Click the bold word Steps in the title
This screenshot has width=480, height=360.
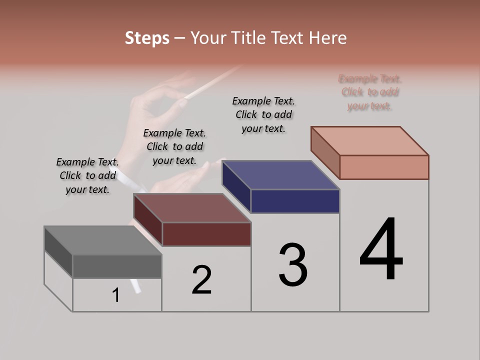click(147, 38)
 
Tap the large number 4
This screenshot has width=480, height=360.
click(381, 250)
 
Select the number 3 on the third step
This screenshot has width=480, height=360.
click(293, 265)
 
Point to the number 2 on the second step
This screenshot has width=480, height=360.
click(202, 280)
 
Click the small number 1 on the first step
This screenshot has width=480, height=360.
click(116, 295)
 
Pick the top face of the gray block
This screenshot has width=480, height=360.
click(103, 240)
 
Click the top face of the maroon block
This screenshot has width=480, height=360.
click(192, 208)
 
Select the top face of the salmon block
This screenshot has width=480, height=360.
click(370, 141)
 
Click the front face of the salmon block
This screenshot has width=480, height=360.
click(384, 167)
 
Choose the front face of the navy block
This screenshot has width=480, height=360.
click(295, 201)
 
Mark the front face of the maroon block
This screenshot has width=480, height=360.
click(206, 234)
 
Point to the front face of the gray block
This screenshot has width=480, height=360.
click(117, 266)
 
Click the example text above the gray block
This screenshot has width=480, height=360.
click(87, 175)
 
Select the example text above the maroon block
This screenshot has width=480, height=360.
click(174, 146)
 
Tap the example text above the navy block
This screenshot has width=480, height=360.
click(263, 114)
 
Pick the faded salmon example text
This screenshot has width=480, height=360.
click(370, 92)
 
